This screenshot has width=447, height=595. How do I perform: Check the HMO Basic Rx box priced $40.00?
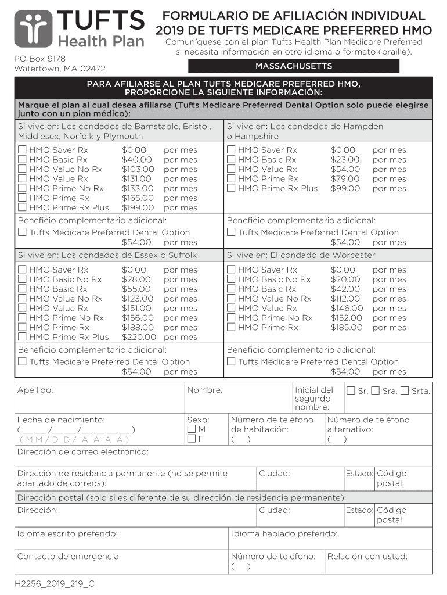[22, 160]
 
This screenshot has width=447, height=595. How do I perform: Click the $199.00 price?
[138, 207]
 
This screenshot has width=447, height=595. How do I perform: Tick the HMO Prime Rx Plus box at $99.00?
[231, 188]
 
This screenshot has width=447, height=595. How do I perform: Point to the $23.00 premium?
[345, 160]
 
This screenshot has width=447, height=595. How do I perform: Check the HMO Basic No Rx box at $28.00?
[22, 279]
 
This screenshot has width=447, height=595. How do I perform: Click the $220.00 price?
[139, 337]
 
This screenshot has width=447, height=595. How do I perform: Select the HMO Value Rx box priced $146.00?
[231, 309]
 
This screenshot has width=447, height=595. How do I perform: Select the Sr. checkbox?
[351, 390]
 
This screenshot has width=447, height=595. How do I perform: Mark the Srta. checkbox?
[405, 390]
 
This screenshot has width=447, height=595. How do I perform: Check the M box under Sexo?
[192, 429]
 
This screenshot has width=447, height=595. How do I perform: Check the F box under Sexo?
[192, 439]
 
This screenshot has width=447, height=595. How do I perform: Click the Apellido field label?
[35, 390]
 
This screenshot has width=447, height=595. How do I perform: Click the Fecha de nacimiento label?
[61, 420]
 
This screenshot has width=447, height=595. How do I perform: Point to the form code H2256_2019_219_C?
[55, 584]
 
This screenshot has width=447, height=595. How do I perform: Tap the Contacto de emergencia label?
[69, 557]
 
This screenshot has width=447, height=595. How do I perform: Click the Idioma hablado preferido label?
[284, 533]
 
